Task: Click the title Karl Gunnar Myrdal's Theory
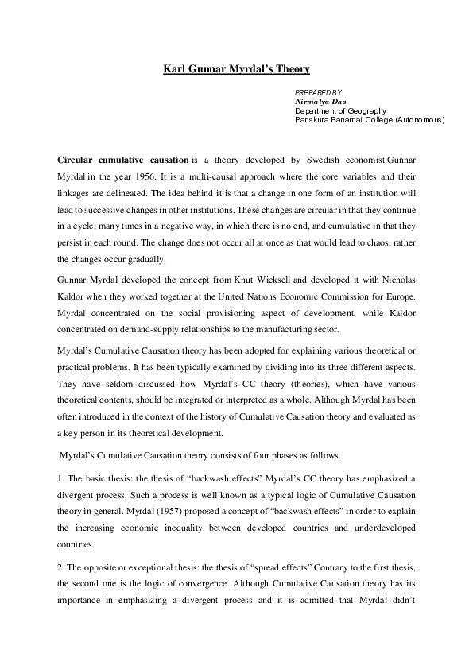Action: point(236,69)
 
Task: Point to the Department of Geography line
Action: point(340,111)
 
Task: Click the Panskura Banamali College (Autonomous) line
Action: point(370,120)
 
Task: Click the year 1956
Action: point(142,176)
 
